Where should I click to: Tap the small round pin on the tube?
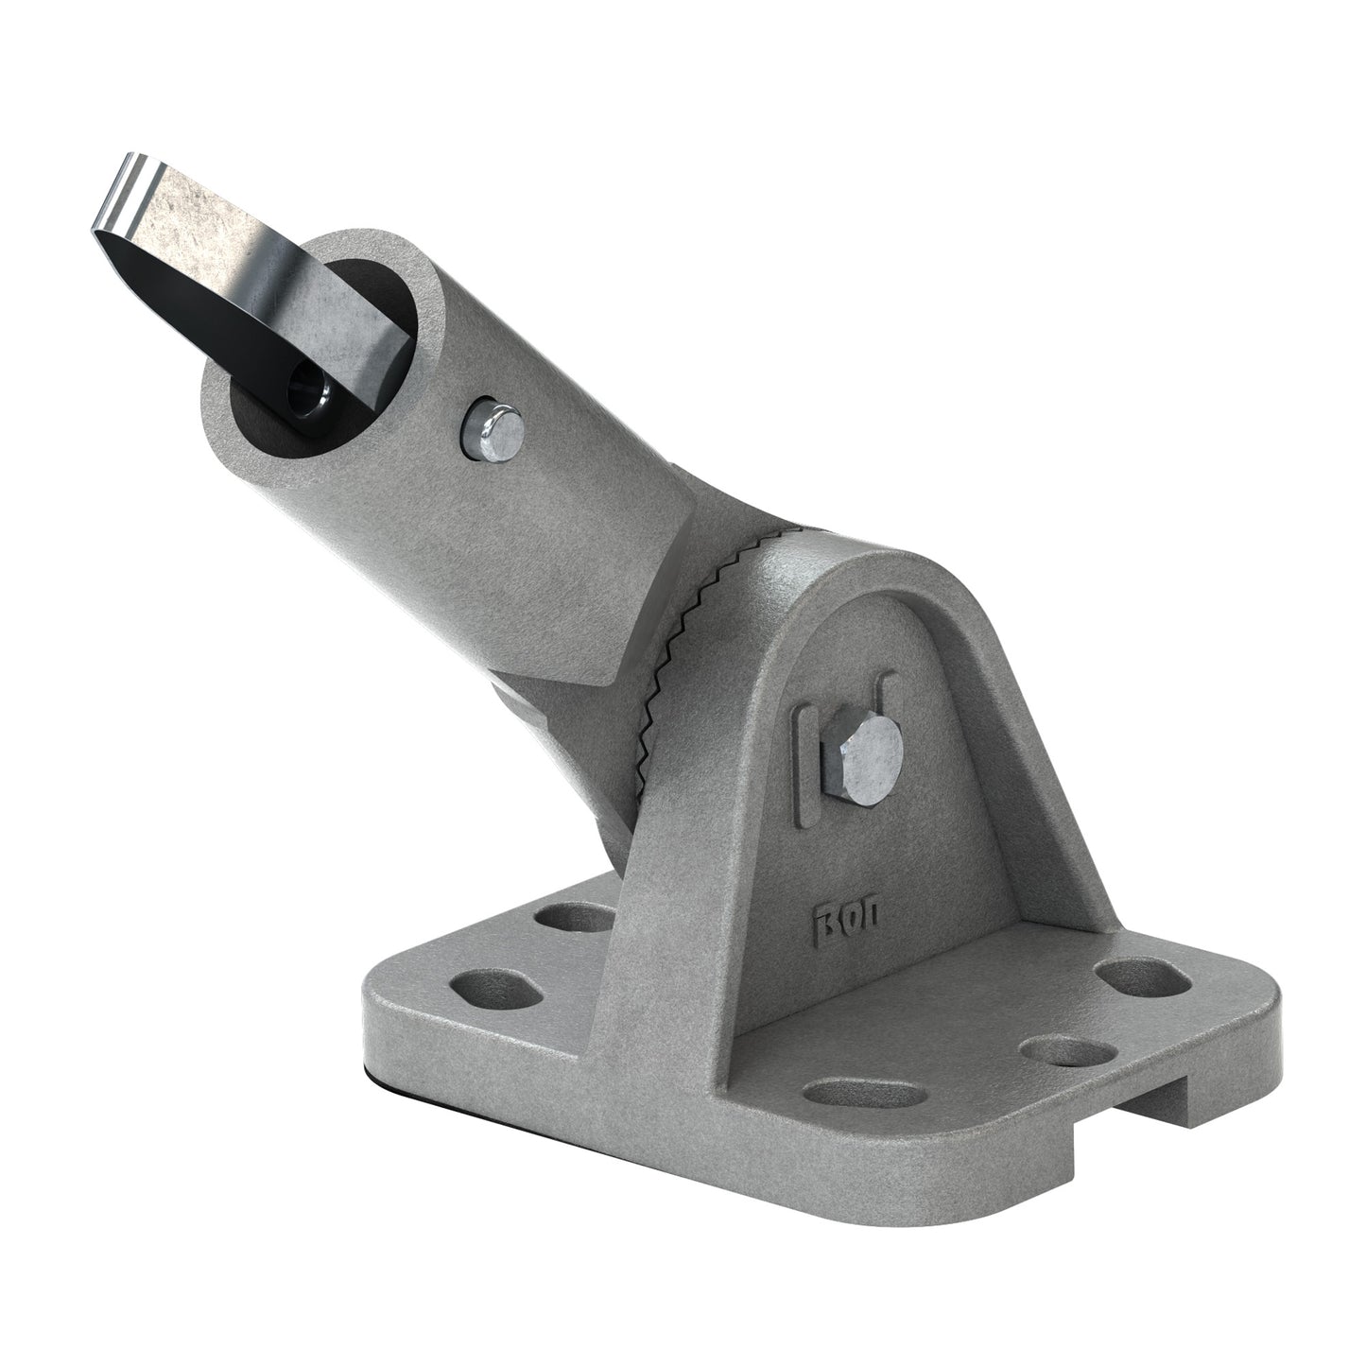click(x=492, y=430)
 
